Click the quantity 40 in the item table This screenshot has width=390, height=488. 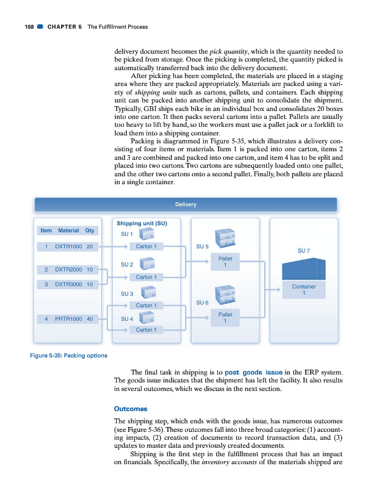(x=90, y=318)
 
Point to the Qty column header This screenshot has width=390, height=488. (x=90, y=231)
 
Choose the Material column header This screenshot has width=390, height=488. (x=68, y=231)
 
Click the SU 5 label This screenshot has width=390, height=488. (x=201, y=246)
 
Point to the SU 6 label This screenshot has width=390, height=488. (x=201, y=303)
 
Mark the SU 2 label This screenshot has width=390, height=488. (x=127, y=265)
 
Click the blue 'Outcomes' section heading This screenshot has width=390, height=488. (x=131, y=409)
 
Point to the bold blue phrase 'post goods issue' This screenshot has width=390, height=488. (x=253, y=372)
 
